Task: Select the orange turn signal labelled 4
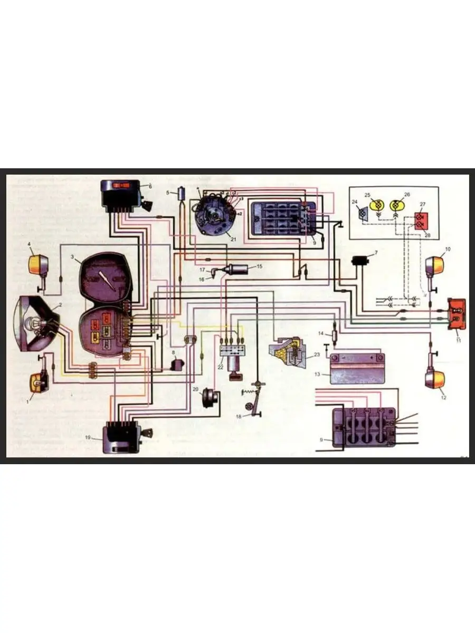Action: pos(39,263)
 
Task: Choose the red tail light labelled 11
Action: pos(457,313)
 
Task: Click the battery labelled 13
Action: pos(356,369)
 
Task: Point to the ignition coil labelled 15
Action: pos(235,270)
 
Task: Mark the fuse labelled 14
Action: pos(335,336)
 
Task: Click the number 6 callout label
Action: pos(150,187)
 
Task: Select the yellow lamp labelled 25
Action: pos(377,205)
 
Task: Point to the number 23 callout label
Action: pos(317,355)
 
